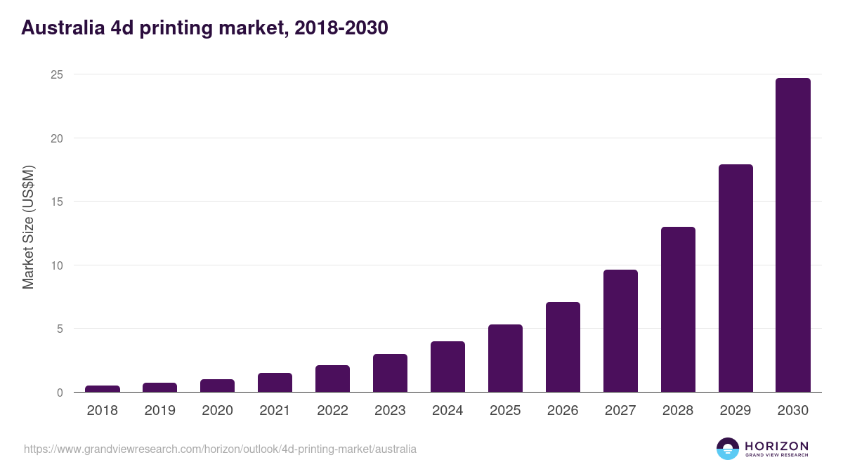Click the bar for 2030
(x=792, y=235)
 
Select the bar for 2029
(x=735, y=278)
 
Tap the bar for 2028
(x=678, y=310)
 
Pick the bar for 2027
(x=620, y=331)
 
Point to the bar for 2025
(x=505, y=358)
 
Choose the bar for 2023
(x=390, y=373)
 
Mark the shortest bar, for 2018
(x=103, y=388)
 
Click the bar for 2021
(x=275, y=383)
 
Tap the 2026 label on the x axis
(x=563, y=411)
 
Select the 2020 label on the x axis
(x=217, y=411)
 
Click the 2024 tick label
(x=447, y=411)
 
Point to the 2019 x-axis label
(x=160, y=411)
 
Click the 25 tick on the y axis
(x=56, y=74)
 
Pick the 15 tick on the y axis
(x=56, y=202)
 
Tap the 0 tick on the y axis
(x=60, y=393)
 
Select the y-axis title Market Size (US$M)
(x=28, y=226)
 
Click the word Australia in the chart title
(x=62, y=28)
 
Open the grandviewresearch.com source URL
(x=220, y=449)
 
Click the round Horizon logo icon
(x=728, y=449)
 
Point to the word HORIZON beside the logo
(x=776, y=446)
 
